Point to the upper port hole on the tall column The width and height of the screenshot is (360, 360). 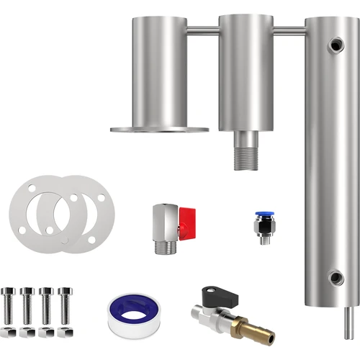click(336, 45)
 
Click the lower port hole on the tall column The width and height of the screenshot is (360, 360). click(336, 277)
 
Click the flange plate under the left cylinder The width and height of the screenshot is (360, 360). click(159, 130)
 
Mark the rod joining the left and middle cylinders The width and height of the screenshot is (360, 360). click(202, 30)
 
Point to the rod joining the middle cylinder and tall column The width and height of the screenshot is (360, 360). click(289, 30)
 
